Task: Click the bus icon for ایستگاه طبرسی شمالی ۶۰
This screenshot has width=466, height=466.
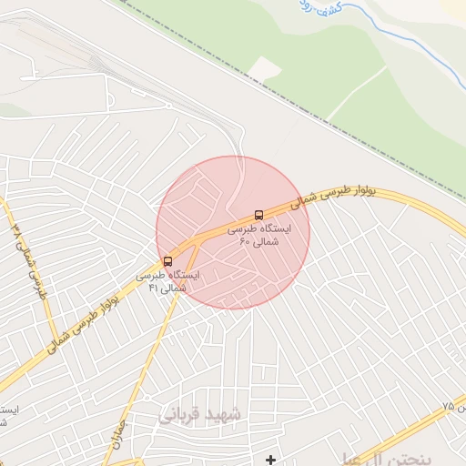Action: click(259, 216)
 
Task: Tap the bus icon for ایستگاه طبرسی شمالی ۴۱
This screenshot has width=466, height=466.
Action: click(167, 261)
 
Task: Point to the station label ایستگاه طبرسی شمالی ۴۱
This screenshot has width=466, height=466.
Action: click(167, 280)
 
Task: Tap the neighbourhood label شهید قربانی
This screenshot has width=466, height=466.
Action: click(202, 414)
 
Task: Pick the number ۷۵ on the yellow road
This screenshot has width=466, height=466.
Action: click(448, 406)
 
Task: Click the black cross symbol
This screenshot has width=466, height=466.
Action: click(270, 461)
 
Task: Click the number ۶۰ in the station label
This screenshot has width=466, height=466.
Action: click(245, 242)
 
